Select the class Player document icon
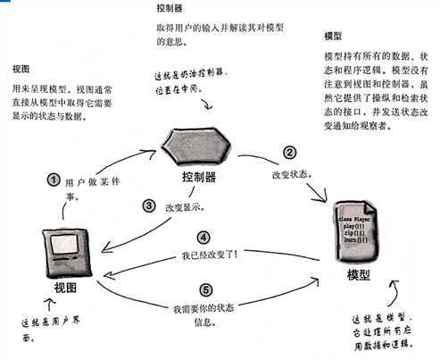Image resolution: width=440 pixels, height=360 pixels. pyautogui.click(x=356, y=234)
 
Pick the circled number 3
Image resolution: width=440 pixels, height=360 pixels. pyautogui.click(x=151, y=205)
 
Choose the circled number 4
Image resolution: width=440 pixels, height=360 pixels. pyautogui.click(x=203, y=239)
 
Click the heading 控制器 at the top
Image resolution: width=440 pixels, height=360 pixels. pyautogui.click(x=169, y=12)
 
